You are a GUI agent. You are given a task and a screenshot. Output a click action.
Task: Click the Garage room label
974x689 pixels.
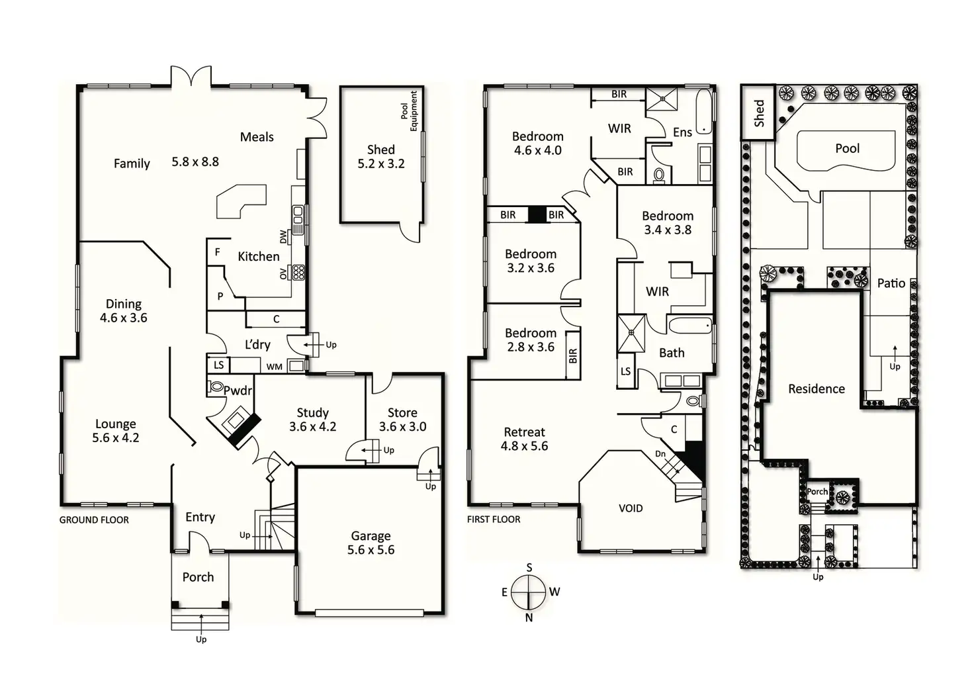coord(371,535)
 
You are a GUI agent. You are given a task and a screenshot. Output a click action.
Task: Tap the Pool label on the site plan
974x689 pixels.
coord(847,148)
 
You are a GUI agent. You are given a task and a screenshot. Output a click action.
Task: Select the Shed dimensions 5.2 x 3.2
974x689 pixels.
coord(381,163)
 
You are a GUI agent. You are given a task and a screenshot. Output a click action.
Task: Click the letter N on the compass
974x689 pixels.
coord(529,618)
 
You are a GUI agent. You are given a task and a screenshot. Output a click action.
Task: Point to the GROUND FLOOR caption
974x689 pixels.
coord(94,520)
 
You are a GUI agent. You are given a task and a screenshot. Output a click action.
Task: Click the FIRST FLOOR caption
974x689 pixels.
coord(494,519)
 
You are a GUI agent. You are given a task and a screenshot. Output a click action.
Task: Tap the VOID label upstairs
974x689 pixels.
coord(630,508)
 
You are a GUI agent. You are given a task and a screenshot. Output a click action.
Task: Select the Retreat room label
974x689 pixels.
coord(524,432)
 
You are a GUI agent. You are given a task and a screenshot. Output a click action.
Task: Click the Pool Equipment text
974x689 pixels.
coord(409,111)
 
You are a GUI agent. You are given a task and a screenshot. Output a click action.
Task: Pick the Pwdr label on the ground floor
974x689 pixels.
coord(238,390)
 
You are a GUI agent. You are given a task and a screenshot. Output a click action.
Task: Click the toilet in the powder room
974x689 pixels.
coord(216,386)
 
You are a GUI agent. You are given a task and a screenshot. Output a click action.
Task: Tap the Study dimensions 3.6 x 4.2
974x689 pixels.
coord(312,427)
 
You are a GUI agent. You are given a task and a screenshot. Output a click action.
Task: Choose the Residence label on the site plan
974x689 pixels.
coord(816,389)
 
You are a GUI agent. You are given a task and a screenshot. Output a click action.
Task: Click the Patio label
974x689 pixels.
coord(891,283)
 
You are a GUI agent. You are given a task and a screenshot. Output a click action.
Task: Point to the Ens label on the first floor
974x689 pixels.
coord(682,132)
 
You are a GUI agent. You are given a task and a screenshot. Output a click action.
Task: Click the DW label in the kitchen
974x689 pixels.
coord(284,236)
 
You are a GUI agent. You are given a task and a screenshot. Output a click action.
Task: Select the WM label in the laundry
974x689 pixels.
coord(274,367)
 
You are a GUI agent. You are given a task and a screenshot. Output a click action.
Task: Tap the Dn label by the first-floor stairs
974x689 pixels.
coord(660,453)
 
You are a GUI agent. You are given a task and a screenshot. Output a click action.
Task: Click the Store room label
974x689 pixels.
coord(402,412)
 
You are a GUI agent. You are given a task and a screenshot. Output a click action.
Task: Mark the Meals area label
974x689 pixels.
coord(257,137)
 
